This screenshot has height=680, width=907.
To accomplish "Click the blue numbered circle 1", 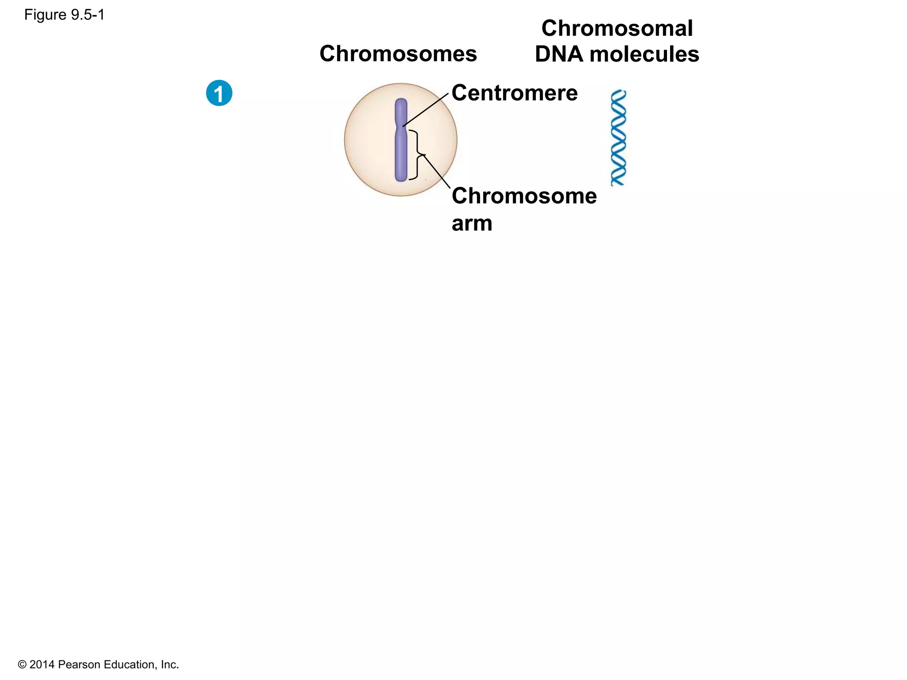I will click(x=219, y=93).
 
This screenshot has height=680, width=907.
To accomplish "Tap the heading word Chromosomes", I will click(x=398, y=54).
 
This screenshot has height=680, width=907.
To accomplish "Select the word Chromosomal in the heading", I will click(x=616, y=28).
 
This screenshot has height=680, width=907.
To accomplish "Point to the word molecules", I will click(x=644, y=54).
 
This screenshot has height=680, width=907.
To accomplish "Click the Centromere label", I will click(x=514, y=93).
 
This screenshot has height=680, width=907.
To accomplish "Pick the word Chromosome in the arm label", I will click(x=524, y=196).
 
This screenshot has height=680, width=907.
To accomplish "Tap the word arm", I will click(x=472, y=223).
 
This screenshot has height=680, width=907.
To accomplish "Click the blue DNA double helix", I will click(x=618, y=138).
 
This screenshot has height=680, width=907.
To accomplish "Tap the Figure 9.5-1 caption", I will click(x=64, y=15).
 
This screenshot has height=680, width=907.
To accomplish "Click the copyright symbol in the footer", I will click(x=22, y=665).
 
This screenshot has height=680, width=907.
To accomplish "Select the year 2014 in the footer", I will click(x=42, y=665).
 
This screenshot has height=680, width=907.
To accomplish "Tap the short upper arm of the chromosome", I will click(x=401, y=111).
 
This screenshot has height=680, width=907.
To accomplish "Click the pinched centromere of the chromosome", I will click(x=401, y=126).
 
